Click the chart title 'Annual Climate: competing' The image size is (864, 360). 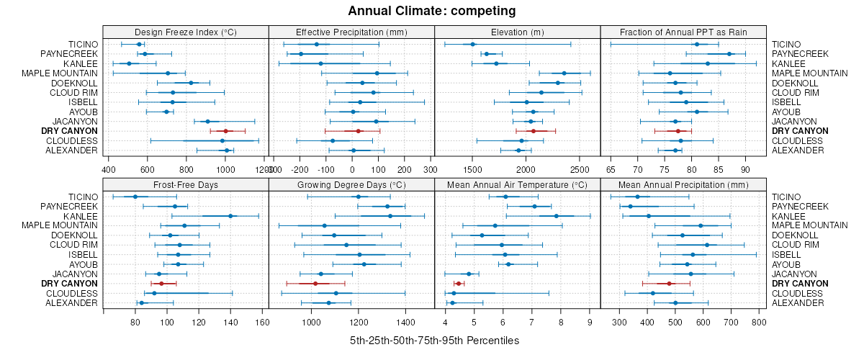click(432, 11)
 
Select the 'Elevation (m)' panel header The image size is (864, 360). click(517, 32)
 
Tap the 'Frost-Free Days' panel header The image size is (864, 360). click(186, 185)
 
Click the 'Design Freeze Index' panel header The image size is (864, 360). click(186, 32)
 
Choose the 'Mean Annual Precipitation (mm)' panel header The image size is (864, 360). click(683, 185)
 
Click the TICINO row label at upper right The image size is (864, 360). click(786, 45)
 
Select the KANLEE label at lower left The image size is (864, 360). click(81, 216)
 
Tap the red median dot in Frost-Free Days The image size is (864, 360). click(161, 284)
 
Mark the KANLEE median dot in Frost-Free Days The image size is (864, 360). click(230, 216)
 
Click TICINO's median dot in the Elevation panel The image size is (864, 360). click(473, 45)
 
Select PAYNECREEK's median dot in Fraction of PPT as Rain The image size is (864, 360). click(729, 54)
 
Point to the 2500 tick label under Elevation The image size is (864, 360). click(578, 169)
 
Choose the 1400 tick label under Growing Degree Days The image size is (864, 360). click(405, 323)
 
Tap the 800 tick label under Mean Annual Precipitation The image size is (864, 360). click(758, 323)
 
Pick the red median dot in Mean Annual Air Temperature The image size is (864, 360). click(459, 284)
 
